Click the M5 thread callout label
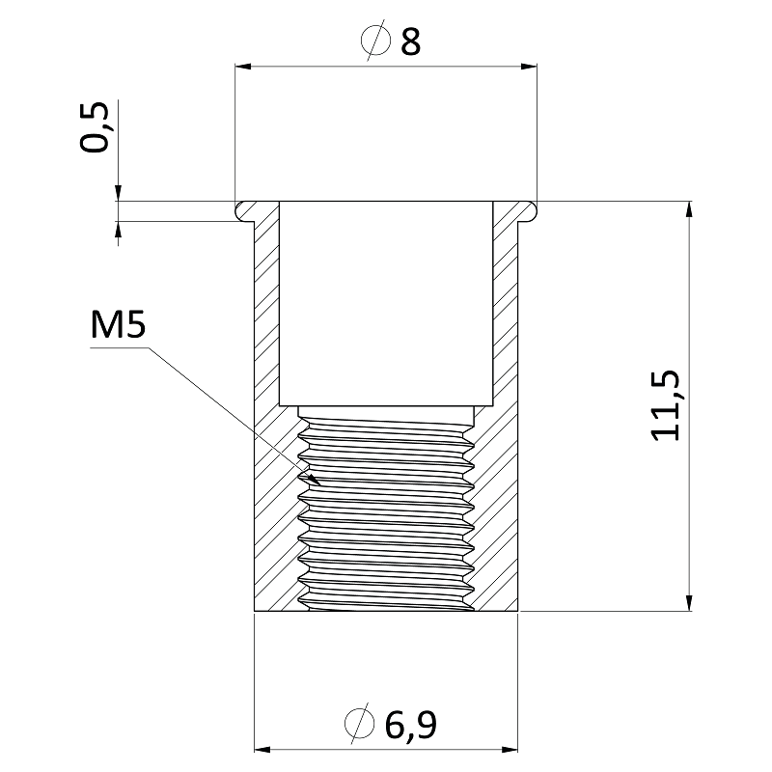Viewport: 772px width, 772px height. [x=118, y=327]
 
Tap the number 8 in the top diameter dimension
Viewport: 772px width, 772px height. [x=411, y=41]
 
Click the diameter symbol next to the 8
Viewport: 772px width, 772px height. [x=373, y=41]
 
